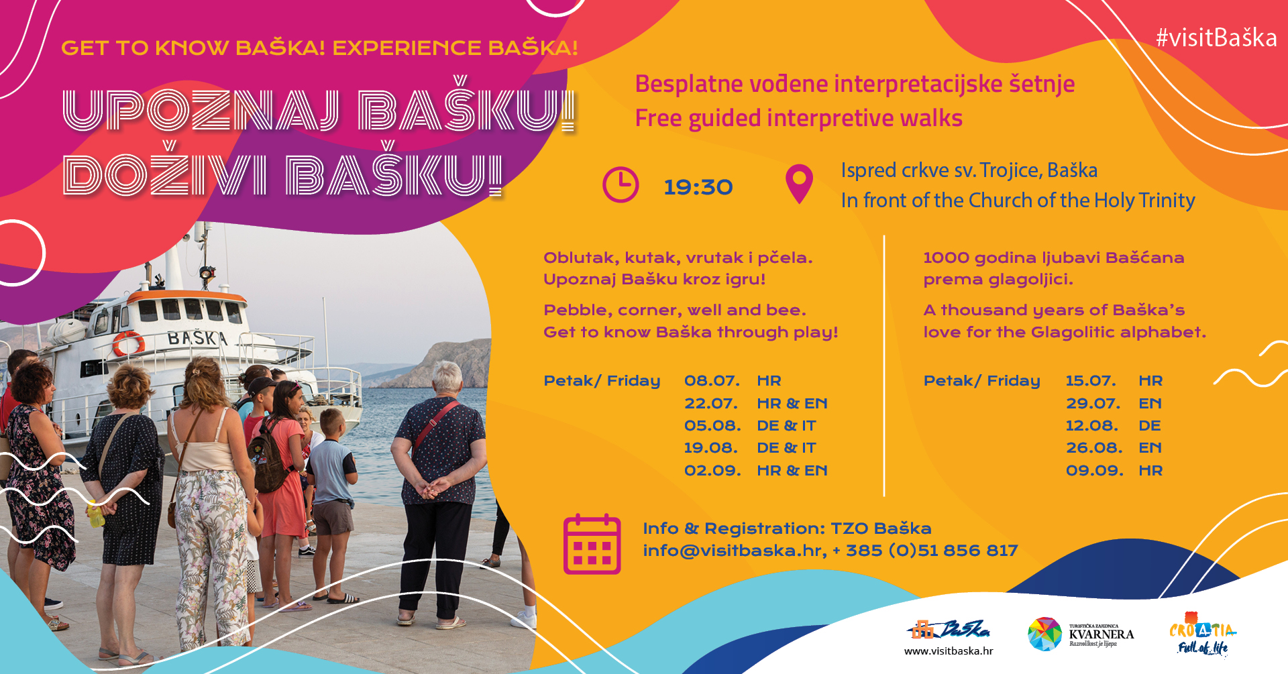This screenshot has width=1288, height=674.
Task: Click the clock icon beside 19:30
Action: point(621,184)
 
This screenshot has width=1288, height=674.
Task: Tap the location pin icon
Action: point(799,184)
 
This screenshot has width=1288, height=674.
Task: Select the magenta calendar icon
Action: point(592,544)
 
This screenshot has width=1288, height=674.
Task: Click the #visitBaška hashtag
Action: point(1216,38)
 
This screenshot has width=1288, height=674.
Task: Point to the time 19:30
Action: point(698,187)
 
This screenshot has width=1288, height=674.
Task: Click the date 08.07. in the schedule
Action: point(712,381)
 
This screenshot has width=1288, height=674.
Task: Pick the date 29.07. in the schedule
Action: point(1093,404)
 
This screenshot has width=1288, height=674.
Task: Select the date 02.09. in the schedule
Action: point(712,471)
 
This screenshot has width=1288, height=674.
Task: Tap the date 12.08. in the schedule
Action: point(1092,426)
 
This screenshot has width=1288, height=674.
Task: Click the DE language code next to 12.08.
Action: point(1149,426)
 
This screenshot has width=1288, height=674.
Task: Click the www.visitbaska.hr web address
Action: point(949,651)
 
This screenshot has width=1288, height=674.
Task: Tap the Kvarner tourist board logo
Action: point(1081,634)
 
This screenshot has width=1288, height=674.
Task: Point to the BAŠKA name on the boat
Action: point(197,337)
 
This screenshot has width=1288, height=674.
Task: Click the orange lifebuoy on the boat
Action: point(128,343)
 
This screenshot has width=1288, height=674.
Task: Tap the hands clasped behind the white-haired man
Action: point(433,488)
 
